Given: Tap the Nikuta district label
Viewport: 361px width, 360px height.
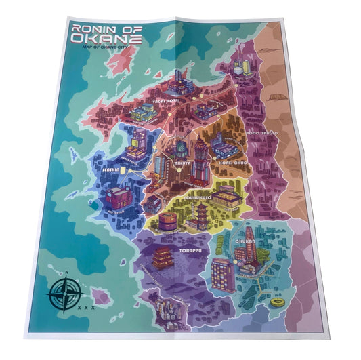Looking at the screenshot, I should pos(182,163).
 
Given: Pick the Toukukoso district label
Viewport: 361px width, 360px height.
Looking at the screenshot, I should pos(198,197).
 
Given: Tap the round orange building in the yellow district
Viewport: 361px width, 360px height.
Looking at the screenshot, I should pos(168,220).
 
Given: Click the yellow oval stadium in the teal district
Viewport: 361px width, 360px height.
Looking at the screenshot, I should pos(278,302).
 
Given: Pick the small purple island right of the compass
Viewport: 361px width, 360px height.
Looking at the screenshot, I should pos(102,296).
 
